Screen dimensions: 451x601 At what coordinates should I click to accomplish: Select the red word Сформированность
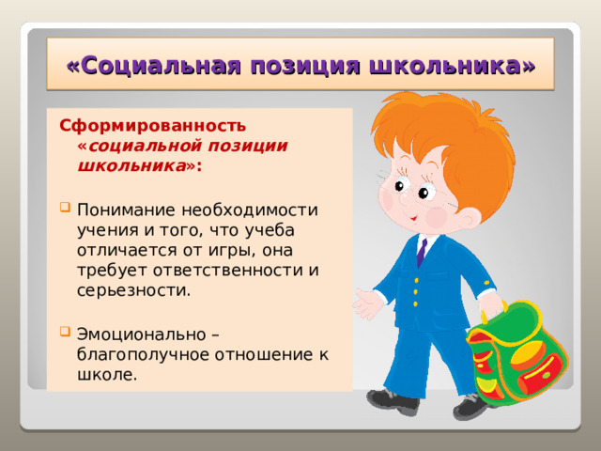(x=152, y=125)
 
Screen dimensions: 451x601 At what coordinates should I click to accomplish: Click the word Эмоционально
(x=141, y=334)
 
